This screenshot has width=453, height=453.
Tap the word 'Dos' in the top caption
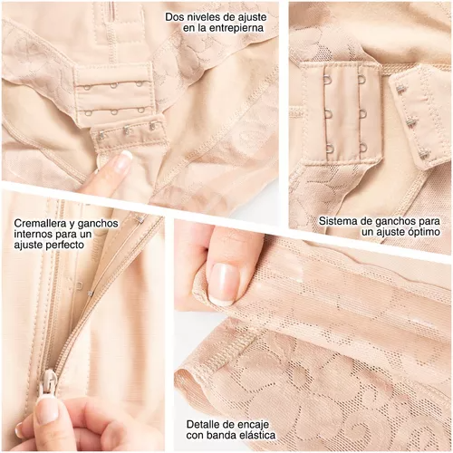(173, 17)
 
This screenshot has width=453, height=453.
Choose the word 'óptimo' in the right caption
(424, 232)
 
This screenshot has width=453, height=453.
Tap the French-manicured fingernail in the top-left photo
(122, 161)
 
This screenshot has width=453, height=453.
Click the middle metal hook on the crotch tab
(125, 131)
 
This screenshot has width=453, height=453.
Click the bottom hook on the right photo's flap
(424, 156)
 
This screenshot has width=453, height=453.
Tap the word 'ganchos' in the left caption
(97, 224)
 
